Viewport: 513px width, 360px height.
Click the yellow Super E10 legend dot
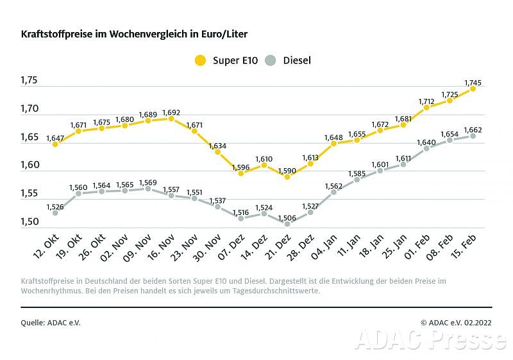pos(201,60)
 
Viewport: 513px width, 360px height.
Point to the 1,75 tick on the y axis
pos(29,81)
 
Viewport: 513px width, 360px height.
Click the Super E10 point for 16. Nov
pos(171,118)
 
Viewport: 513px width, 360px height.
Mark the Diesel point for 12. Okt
pos(55,212)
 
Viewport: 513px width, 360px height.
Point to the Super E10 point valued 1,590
pos(287,176)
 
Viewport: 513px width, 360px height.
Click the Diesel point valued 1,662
pos(473,136)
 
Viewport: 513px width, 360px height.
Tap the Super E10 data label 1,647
pos(55,137)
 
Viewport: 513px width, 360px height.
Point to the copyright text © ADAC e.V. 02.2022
pos(455,323)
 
